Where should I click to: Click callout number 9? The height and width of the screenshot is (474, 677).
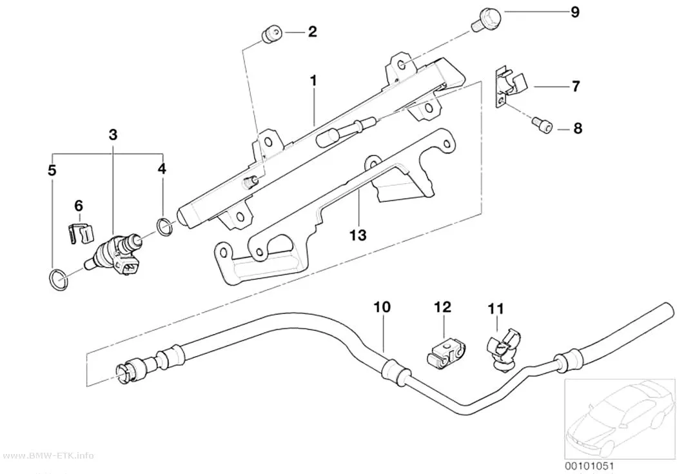[574, 12]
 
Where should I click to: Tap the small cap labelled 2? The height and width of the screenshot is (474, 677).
[271, 34]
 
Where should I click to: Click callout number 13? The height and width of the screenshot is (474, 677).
[358, 235]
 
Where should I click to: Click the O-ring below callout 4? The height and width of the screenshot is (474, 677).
[164, 228]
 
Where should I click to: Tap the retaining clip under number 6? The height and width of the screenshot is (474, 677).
[81, 233]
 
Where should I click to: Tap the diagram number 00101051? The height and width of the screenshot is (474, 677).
[589, 466]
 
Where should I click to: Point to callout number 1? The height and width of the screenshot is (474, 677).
[313, 81]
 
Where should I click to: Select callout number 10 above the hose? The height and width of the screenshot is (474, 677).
[382, 307]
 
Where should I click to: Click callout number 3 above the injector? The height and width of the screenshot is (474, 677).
[113, 135]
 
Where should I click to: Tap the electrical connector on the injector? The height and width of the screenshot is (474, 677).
[130, 268]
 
